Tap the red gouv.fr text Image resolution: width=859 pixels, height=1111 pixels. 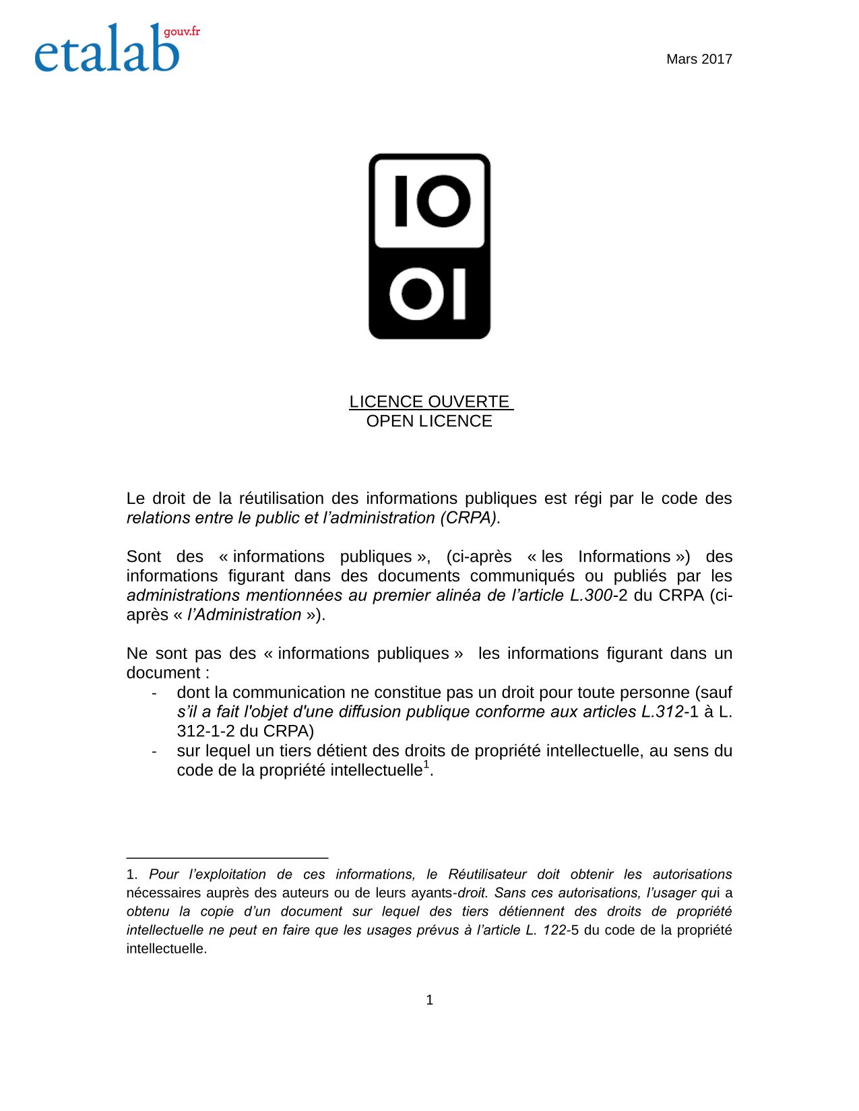point(182,32)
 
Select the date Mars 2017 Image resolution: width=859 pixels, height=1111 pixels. point(699,59)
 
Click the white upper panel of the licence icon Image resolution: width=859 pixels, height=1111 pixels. point(429,201)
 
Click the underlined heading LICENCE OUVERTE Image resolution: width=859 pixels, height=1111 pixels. point(429,402)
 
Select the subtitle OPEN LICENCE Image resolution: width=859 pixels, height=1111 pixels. point(429,421)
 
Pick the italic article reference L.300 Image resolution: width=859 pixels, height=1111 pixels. point(591,596)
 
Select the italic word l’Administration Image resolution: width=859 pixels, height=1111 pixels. point(244,615)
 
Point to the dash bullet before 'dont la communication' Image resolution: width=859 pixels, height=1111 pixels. point(154,693)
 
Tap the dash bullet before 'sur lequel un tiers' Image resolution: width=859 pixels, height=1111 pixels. point(154,751)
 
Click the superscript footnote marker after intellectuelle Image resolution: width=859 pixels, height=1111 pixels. point(426,765)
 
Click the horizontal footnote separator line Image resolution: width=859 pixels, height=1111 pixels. point(227,858)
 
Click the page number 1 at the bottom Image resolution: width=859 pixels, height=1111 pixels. point(429,1001)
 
